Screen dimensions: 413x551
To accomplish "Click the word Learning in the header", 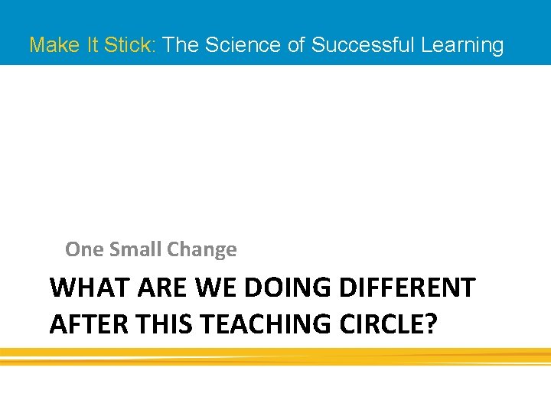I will coord(462,45).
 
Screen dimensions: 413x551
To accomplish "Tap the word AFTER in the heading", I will coord(88,324).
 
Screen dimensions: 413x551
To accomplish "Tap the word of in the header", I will coord(296,45).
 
